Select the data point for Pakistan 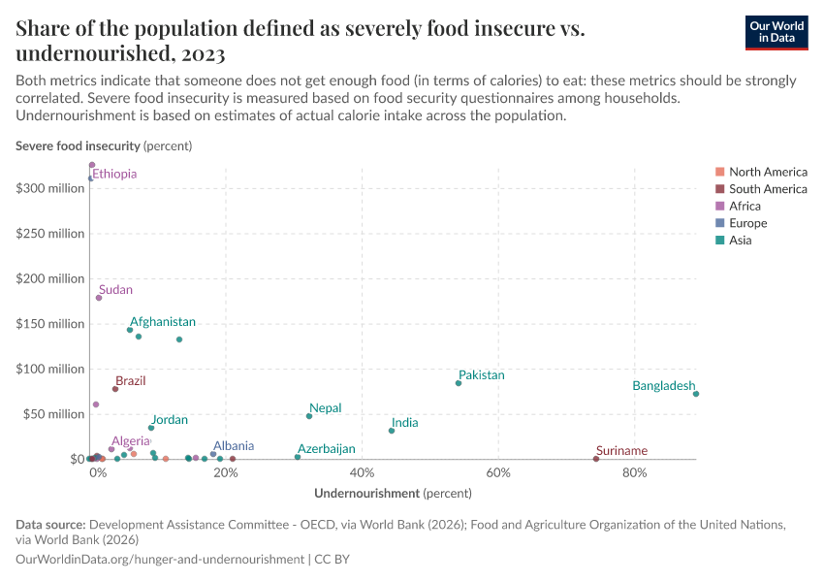click(x=459, y=383)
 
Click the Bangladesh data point click(x=696, y=394)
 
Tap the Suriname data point click(x=595, y=459)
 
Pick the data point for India click(x=392, y=431)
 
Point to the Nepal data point click(x=309, y=416)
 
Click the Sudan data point click(x=99, y=298)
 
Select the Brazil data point click(x=115, y=389)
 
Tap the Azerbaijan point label click(x=326, y=449)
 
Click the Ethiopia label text click(x=114, y=174)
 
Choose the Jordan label click(x=170, y=420)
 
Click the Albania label click(x=234, y=446)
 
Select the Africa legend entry click(x=745, y=206)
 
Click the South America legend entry click(x=768, y=188)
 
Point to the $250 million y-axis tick click(x=50, y=234)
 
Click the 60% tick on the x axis click(x=497, y=473)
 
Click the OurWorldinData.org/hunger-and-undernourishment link click(x=160, y=560)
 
